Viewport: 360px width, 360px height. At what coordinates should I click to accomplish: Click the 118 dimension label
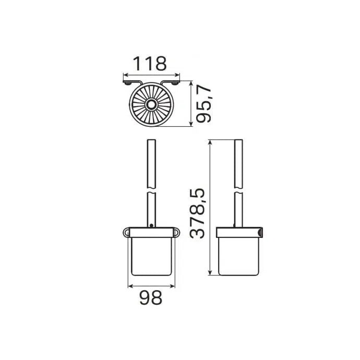click(150, 63)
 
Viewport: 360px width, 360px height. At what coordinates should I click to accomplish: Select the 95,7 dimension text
click(203, 103)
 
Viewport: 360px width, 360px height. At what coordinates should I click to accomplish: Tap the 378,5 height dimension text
click(197, 213)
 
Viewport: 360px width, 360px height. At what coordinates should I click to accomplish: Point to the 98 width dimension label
click(151, 297)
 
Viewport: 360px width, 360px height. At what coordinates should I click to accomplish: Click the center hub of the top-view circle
click(151, 105)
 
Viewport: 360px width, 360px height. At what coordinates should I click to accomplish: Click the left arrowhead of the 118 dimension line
click(126, 75)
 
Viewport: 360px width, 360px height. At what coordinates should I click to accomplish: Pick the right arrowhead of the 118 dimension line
click(177, 75)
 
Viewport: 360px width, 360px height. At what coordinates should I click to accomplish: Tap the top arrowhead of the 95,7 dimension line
click(191, 83)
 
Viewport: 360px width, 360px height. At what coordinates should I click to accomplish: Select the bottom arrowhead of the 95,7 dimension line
click(191, 124)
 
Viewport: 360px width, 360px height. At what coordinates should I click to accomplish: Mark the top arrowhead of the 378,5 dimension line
click(210, 142)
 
